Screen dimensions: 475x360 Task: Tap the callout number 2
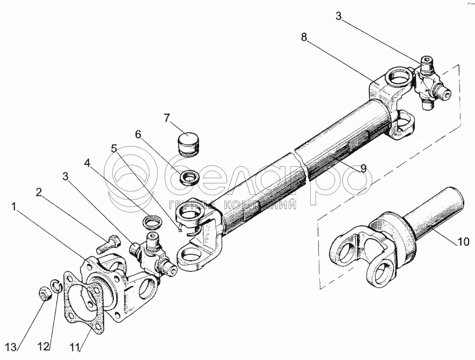point(39,192)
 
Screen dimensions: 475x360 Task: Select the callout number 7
point(166,118)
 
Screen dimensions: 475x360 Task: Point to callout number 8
point(304,37)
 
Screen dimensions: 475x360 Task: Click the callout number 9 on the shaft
point(363,168)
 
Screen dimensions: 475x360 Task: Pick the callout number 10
point(464,241)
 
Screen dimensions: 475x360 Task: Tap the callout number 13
point(10,347)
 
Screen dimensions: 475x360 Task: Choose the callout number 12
point(43,347)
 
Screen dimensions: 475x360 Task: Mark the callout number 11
point(76,347)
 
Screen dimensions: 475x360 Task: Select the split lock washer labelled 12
point(57,286)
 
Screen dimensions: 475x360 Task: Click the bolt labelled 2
point(108,244)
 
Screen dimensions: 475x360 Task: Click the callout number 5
point(114,149)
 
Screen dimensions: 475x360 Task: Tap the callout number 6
point(138,134)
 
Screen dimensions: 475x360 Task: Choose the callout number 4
point(87,164)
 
